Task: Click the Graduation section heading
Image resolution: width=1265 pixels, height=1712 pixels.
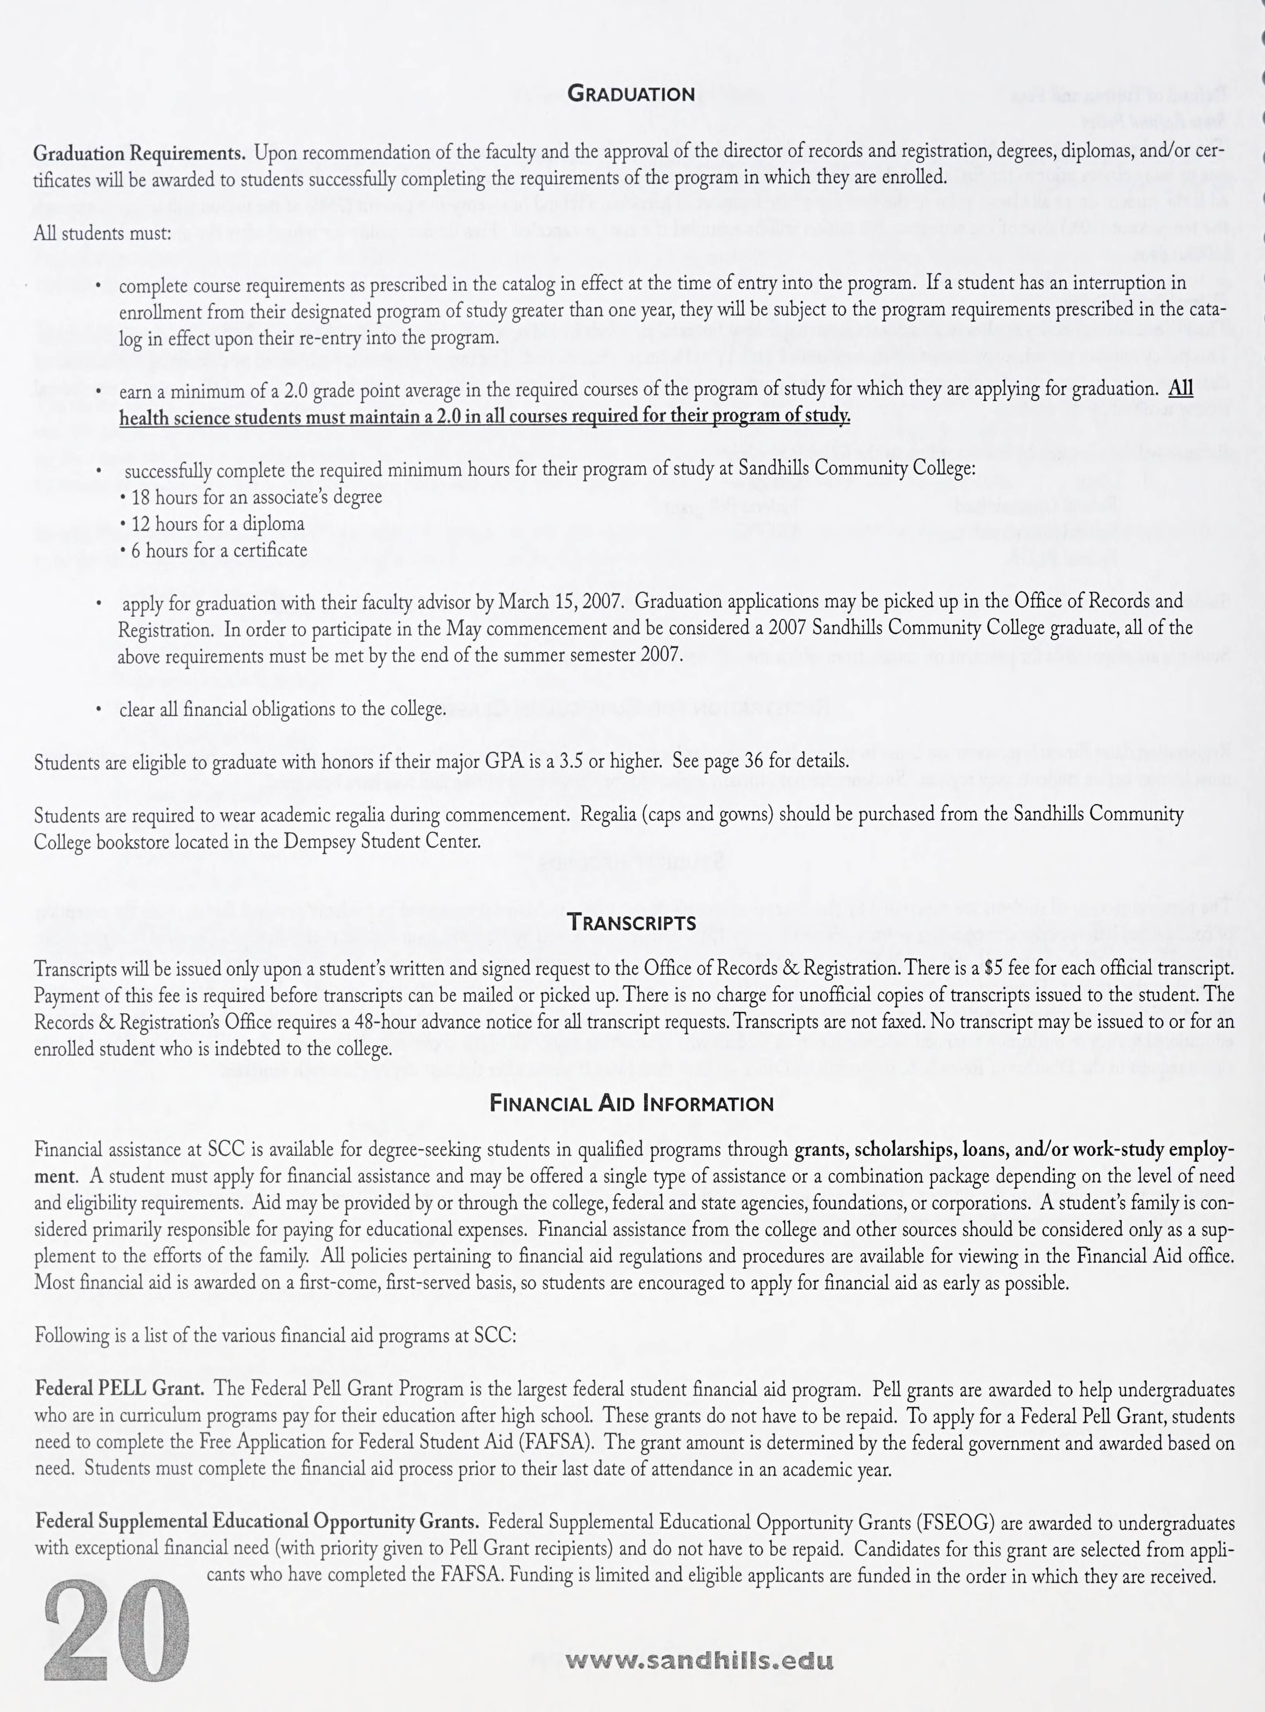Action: coord(632,94)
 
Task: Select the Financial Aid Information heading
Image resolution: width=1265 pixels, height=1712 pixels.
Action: coord(632,1103)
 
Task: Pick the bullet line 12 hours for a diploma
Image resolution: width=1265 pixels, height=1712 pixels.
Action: coord(212,524)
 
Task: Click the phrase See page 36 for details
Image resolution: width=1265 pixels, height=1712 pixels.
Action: coord(760,762)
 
